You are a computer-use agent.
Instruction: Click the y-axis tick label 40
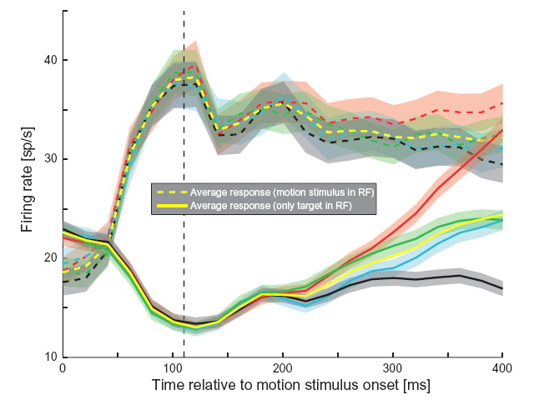(x=49, y=60)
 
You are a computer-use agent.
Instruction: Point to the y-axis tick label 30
(x=49, y=159)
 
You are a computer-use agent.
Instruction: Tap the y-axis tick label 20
(x=49, y=258)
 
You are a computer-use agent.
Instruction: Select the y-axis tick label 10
(x=49, y=357)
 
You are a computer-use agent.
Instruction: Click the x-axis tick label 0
(x=63, y=369)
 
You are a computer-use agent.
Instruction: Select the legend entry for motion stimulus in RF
(x=282, y=192)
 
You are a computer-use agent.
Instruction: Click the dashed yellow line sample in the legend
(x=169, y=192)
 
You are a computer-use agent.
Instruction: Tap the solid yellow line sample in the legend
(x=169, y=205)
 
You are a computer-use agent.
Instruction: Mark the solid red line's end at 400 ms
(x=502, y=130)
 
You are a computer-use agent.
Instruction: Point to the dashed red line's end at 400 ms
(x=502, y=103)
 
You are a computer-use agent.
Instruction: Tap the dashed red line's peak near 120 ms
(x=194, y=64)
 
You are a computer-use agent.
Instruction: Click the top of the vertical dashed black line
(x=184, y=12)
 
